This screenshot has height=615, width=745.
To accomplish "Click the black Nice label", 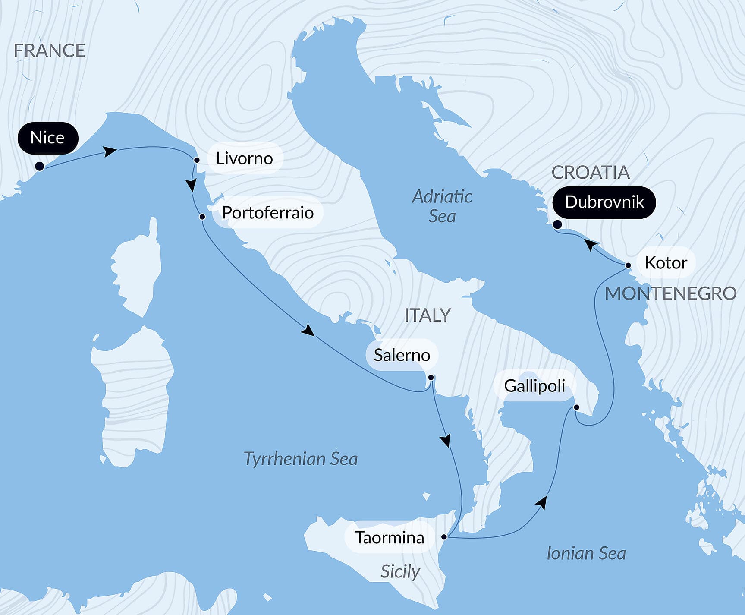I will pyautogui.click(x=47, y=138).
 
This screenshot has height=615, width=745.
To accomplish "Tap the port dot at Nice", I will pyautogui.click(x=39, y=166).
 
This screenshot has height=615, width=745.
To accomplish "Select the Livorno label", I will pyautogui.click(x=244, y=158).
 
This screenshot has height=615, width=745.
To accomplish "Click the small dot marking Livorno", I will pyautogui.click(x=197, y=160).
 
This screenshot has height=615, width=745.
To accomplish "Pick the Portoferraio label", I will pyautogui.click(x=267, y=212).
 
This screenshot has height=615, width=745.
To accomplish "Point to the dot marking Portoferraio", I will pyautogui.click(x=202, y=217).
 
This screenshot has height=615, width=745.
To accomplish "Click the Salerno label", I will pyautogui.click(x=402, y=355).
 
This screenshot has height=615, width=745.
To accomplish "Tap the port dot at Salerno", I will pyautogui.click(x=431, y=378).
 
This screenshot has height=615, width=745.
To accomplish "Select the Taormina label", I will pyautogui.click(x=389, y=537).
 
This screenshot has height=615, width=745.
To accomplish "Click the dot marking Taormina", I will pyautogui.click(x=444, y=537).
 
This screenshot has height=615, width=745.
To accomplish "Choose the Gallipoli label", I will pyautogui.click(x=534, y=385).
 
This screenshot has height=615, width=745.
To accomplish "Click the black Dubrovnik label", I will pyautogui.click(x=604, y=202).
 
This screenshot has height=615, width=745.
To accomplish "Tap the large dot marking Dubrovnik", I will pyautogui.click(x=557, y=224).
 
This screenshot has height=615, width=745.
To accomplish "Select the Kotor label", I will pyautogui.click(x=665, y=262).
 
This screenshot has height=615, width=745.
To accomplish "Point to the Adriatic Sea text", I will pyautogui.click(x=442, y=206).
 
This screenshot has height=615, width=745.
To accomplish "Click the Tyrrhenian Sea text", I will pyautogui.click(x=301, y=458).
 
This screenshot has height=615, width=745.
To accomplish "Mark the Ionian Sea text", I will pyautogui.click(x=586, y=553).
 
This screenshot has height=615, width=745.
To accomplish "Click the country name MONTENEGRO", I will pyautogui.click(x=670, y=293).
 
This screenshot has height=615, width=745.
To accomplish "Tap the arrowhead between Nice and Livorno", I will pyautogui.click(x=110, y=151).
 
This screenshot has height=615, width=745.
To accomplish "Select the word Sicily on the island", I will pyautogui.click(x=400, y=571).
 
